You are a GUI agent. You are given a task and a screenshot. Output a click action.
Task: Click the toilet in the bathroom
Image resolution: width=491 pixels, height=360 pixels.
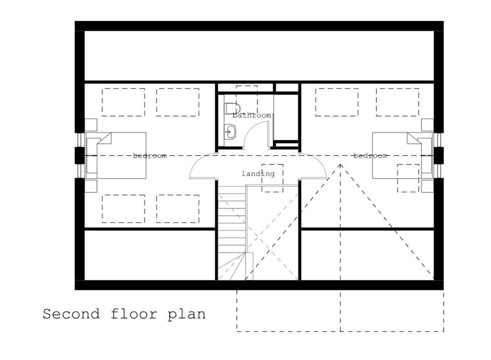pos(232,108)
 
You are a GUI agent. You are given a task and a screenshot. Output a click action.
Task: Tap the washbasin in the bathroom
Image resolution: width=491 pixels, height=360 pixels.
pos(230,132)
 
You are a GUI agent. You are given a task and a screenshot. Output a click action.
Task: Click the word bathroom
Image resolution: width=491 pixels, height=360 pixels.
pos(252,116)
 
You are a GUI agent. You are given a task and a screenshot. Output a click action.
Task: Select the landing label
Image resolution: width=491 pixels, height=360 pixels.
pos(258,174)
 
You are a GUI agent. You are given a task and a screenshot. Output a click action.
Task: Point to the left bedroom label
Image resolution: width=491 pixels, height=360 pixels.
pos(150,156)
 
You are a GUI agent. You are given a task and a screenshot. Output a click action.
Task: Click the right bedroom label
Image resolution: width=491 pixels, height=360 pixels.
pos(370,156)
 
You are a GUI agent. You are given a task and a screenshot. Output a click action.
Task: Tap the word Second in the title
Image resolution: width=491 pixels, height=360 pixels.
pos(71,314)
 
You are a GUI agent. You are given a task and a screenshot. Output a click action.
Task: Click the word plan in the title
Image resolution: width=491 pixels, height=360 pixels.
pos(187,314)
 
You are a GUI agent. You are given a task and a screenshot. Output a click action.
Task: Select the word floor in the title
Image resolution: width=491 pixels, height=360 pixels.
pos(134,314)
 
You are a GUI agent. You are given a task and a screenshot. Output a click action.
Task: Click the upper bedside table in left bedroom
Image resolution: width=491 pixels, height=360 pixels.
pos(91,125)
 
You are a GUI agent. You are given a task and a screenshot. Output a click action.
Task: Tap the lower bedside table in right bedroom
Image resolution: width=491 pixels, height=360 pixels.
pos(427,186)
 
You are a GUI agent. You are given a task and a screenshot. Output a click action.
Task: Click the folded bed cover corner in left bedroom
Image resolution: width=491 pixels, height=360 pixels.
pos(105,139)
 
